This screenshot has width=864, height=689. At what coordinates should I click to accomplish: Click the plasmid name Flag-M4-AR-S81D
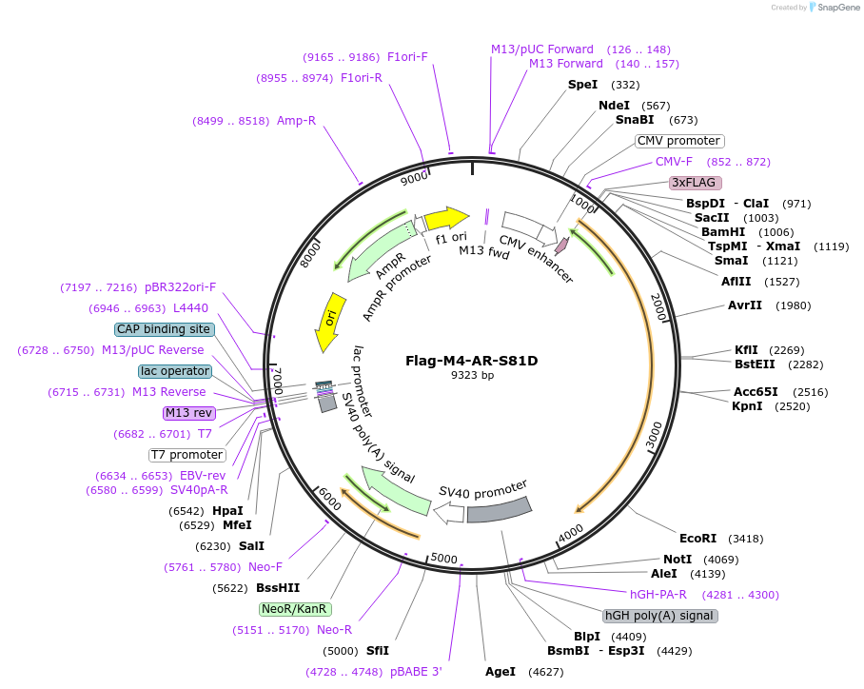coord(472,361)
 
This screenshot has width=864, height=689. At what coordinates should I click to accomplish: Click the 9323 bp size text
coord(472,375)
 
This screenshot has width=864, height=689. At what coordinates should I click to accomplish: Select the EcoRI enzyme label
coord(697,538)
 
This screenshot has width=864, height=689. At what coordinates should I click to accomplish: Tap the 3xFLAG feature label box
coord(696,182)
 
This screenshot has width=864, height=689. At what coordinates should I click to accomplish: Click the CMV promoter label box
coord(678,141)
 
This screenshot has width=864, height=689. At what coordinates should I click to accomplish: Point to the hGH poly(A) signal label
coord(660,616)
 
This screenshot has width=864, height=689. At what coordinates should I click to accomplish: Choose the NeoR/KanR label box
coord(294,608)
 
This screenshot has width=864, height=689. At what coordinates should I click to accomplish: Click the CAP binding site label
coord(164,329)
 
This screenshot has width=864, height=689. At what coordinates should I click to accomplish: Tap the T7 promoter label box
coord(187,455)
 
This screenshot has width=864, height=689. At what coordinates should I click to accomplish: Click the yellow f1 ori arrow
coord(446,220)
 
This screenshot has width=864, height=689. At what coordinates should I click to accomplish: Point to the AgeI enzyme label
coord(500,672)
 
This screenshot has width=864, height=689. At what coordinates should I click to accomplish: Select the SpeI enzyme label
coord(582,85)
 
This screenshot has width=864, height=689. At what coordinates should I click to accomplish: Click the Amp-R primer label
coord(296,121)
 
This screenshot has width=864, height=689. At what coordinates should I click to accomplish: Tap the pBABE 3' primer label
coord(416,672)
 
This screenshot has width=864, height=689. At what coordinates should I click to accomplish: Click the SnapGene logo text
coord(835,8)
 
